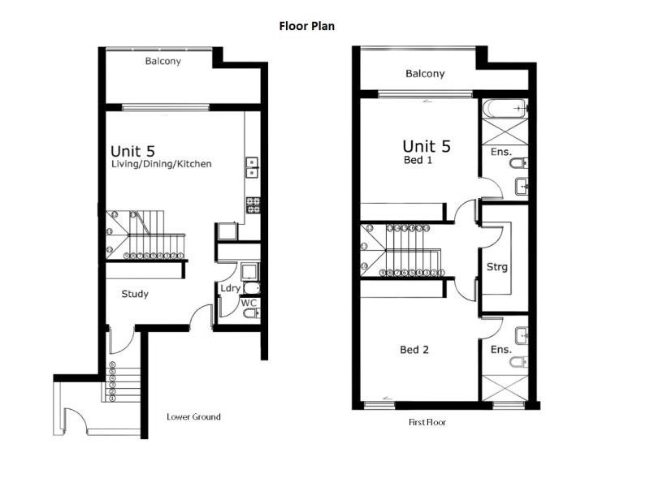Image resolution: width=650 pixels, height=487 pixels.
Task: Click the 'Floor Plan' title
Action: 307,26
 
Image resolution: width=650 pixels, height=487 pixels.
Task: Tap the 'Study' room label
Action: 135,294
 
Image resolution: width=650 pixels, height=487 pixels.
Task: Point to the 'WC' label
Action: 249,304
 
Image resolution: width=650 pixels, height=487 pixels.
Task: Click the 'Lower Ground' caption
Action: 193,417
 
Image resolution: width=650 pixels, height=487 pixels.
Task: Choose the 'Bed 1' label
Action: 419,161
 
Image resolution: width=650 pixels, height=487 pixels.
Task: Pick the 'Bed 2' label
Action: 414,350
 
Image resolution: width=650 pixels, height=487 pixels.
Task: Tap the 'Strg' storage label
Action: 497,266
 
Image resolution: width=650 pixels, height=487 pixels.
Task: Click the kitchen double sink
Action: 252,167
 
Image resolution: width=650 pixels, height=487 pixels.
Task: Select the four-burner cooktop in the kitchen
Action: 252,205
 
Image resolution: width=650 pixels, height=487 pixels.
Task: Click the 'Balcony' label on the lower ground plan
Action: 162,61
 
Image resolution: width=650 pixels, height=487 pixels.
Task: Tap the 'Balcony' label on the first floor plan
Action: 425,74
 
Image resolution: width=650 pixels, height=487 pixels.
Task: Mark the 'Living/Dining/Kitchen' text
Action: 162,164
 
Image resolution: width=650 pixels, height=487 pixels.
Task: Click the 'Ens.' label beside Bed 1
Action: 500,152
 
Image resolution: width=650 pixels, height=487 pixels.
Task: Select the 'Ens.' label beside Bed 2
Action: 500,350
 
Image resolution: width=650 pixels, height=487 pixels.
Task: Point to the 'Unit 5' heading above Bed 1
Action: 427,146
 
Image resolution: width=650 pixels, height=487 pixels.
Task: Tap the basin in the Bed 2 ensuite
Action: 522,334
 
